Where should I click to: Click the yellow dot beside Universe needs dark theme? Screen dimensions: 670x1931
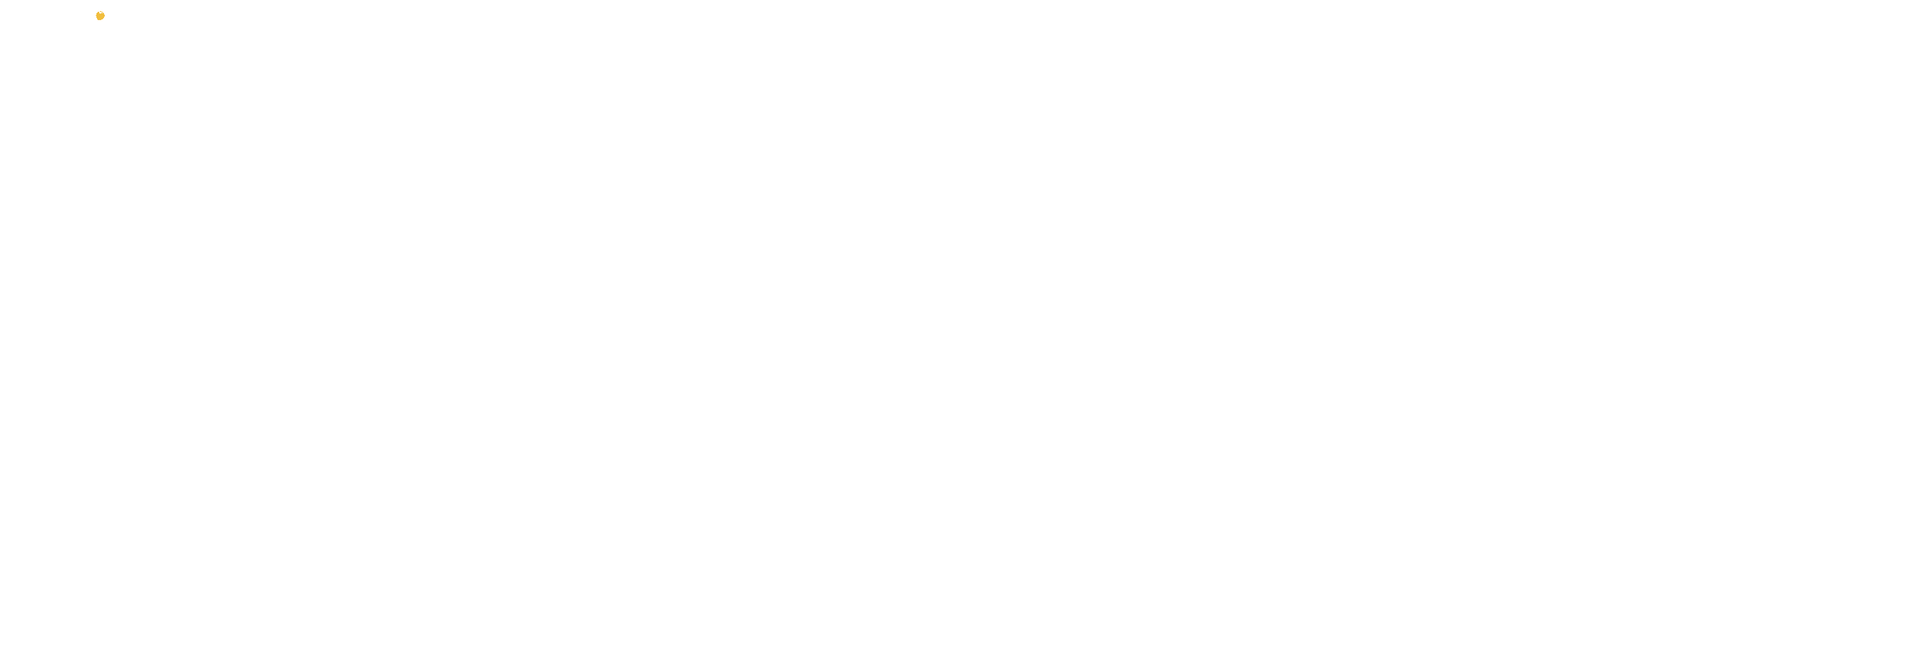click(x=100, y=16)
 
